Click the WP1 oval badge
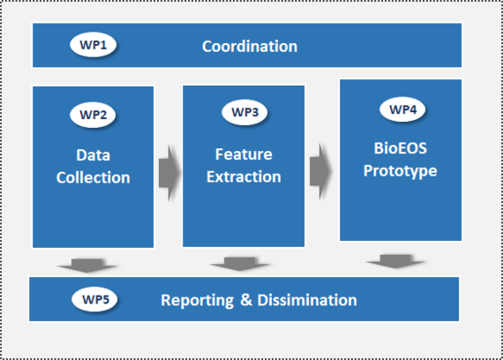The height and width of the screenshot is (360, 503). (93, 45)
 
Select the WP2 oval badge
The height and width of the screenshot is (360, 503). (93, 115)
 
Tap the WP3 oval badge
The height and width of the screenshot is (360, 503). (244, 112)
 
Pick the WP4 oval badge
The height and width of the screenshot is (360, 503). (402, 109)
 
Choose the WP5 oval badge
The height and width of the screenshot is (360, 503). (95, 299)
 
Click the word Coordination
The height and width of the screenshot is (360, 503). (250, 47)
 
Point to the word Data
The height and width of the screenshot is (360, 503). (93, 155)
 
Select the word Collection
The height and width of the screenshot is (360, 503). (93, 177)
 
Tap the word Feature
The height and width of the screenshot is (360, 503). (244, 154)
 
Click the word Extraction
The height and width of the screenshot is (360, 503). (244, 176)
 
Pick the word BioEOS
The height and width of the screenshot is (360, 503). (401, 148)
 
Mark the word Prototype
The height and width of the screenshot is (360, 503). (401, 170)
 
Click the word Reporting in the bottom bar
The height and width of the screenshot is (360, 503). (198, 301)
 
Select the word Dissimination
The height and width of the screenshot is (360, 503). (307, 300)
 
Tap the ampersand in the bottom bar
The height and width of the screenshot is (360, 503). (246, 300)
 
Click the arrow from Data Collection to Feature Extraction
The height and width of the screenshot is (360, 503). (169, 173)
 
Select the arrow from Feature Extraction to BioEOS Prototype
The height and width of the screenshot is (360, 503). (320, 171)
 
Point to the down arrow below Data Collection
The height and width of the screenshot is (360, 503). (87, 266)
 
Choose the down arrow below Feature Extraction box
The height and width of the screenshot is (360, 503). (240, 264)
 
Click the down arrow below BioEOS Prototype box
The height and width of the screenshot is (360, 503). (395, 261)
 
